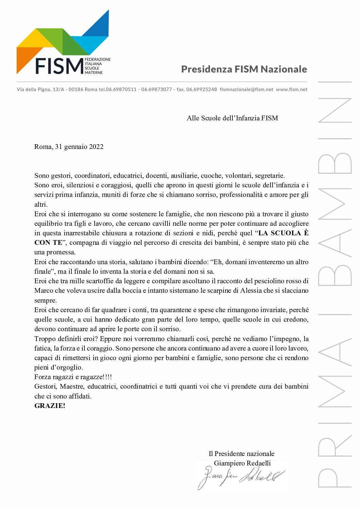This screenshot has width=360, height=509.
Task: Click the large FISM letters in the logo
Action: click(x=59, y=66)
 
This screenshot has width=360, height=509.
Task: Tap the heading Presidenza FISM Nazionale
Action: click(x=244, y=69)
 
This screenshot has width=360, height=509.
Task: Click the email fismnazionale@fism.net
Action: click(x=246, y=89)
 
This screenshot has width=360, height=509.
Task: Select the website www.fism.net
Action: click(x=292, y=89)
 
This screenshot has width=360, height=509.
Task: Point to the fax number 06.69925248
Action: click(x=201, y=89)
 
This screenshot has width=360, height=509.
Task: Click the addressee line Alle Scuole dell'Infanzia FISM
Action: click(x=232, y=118)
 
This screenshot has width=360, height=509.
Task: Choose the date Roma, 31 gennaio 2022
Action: click(x=69, y=147)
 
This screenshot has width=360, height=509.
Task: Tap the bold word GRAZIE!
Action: click(x=50, y=406)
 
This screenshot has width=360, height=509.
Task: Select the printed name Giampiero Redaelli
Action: click(x=242, y=463)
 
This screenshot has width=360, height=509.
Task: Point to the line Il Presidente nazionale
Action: click(x=241, y=454)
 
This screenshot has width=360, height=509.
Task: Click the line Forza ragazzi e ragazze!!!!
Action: click(x=73, y=377)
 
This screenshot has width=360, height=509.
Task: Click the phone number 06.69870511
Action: click(x=121, y=89)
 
